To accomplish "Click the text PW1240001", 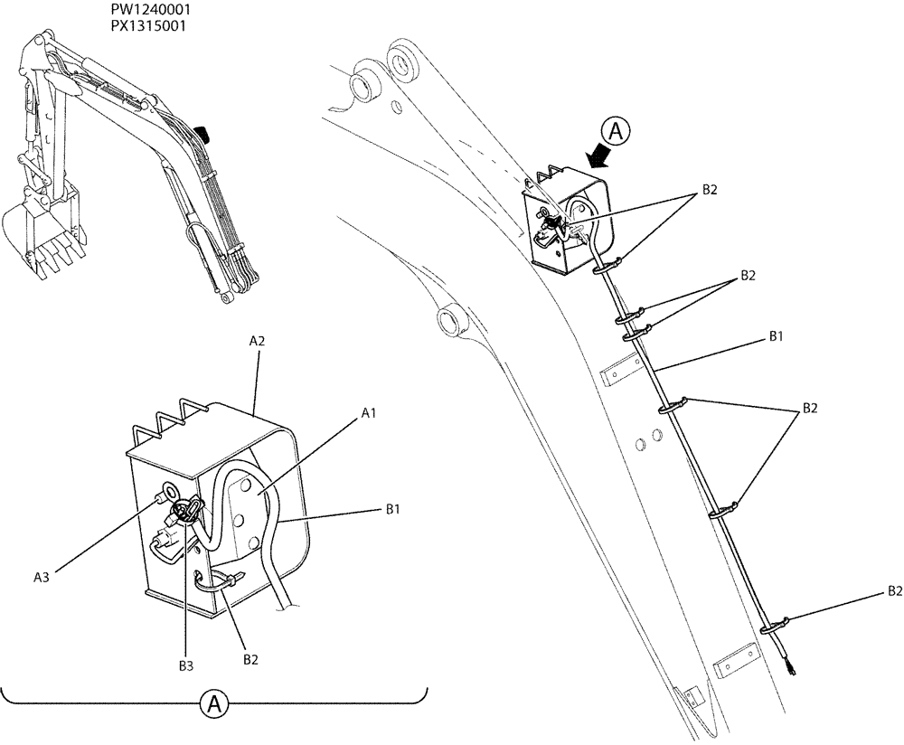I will [150, 10].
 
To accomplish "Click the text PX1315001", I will [150, 25].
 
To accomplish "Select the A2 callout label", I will [257, 342].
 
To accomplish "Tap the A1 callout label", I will [369, 412].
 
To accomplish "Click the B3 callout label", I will [184, 665].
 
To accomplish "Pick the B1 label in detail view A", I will [393, 510].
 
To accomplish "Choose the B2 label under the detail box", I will [251, 659].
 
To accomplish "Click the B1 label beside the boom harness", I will [776, 336].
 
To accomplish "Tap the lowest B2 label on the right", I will [893, 591].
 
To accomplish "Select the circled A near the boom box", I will [616, 132].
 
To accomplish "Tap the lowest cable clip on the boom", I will [775, 625].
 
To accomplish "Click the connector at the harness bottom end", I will [792, 669].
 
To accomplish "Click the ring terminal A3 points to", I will [168, 495].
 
